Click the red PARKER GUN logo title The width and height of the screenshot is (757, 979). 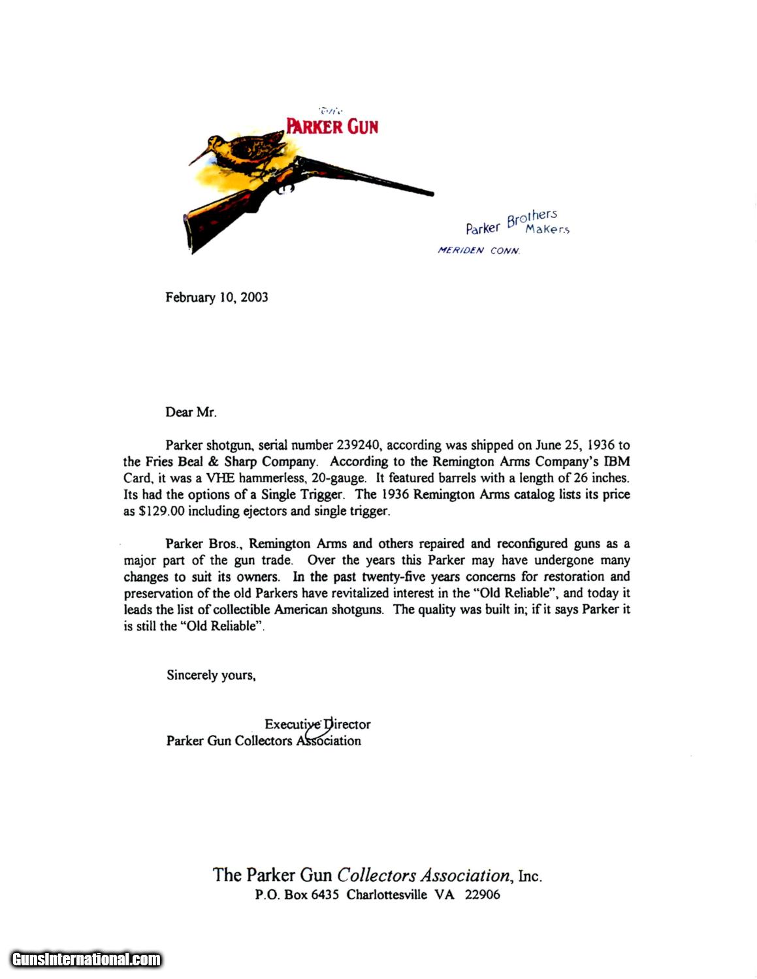coord(332,125)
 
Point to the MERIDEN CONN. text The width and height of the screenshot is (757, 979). coord(479,251)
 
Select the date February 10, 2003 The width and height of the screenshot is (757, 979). coord(216,298)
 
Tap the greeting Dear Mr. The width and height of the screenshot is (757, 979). coord(190,412)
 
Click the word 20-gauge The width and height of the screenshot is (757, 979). coord(338,478)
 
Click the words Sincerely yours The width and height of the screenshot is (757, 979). coord(210,676)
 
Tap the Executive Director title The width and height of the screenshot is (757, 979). coord(317,724)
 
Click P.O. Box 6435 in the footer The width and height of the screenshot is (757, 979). coord(297,895)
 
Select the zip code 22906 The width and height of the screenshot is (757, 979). coord(482,895)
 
